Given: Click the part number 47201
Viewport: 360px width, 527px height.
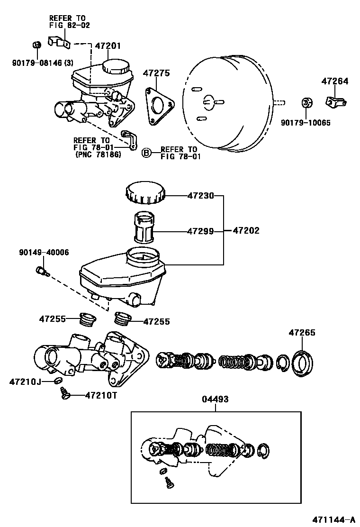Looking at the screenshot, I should tap(108, 46).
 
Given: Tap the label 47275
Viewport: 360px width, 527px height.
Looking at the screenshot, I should tap(157, 74).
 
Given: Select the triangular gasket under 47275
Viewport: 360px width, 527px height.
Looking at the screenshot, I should tap(158, 107).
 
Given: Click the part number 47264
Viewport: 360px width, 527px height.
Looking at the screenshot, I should tap(335, 82).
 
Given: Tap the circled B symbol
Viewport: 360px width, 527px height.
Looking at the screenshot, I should tap(147, 152).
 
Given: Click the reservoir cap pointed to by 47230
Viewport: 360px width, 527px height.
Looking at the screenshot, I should tap(145, 193).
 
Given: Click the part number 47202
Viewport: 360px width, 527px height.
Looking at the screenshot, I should tap(246, 231).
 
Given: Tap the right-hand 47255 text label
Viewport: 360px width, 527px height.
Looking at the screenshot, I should tap(156, 321).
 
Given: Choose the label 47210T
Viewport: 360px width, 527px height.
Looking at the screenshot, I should tap(101, 395).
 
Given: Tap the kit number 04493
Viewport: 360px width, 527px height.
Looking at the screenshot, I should tap(216, 400).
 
